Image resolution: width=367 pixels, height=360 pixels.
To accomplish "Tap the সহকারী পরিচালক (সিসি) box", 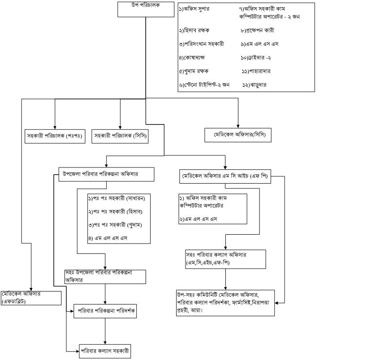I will click(120, 135).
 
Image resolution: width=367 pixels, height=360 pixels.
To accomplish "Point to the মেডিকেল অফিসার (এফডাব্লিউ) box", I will click(31, 297).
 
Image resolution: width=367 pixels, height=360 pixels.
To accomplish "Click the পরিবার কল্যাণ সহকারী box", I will click(106, 350).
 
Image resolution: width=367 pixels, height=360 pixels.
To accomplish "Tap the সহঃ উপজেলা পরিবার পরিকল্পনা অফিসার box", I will click(105, 276).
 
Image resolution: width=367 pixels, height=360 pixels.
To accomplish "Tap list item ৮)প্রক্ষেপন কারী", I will click(257, 31).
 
